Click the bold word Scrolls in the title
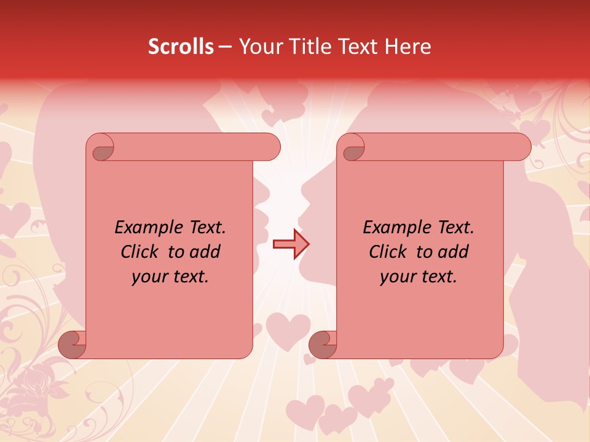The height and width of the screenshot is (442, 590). (181, 47)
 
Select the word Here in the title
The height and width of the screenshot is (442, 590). (408, 47)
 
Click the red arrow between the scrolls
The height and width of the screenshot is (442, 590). (291, 244)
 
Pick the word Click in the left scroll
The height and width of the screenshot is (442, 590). (141, 252)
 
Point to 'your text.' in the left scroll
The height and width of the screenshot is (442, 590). (170, 276)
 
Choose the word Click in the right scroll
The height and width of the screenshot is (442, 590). (388, 252)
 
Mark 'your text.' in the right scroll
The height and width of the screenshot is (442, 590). (419, 276)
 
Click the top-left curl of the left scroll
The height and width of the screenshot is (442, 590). (102, 149)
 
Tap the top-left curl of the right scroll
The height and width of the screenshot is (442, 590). (353, 149)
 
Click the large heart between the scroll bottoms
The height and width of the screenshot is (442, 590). (288, 330)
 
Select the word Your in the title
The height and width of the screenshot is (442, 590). (258, 47)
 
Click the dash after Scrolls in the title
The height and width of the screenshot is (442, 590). (225, 47)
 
